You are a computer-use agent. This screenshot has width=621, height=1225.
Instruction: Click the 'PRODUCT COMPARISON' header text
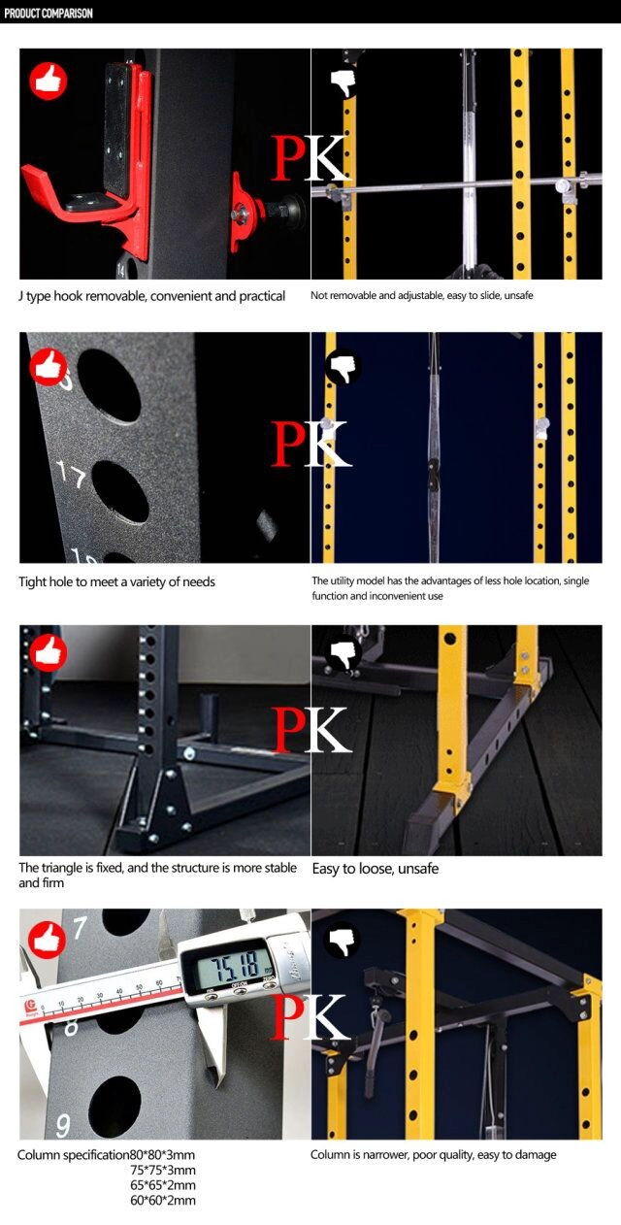point(49,14)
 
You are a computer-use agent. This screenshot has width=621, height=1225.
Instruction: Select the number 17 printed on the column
point(72,474)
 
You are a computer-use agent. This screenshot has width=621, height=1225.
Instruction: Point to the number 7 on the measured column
point(80,928)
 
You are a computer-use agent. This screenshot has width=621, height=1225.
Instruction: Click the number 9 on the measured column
point(63,1126)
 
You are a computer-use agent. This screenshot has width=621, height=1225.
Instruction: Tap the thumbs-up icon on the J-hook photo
point(49,82)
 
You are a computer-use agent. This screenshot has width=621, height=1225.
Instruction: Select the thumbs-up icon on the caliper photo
point(47,940)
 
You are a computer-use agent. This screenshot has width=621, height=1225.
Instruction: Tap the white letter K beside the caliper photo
point(329,1017)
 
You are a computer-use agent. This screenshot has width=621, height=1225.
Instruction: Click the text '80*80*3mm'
point(162,1155)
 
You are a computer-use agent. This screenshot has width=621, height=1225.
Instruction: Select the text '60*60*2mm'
point(163,1201)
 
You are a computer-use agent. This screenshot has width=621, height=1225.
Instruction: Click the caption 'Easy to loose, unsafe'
point(375,869)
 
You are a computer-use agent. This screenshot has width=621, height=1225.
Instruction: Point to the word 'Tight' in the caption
point(32,581)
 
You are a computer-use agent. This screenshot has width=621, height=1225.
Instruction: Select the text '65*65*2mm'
point(163,1185)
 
